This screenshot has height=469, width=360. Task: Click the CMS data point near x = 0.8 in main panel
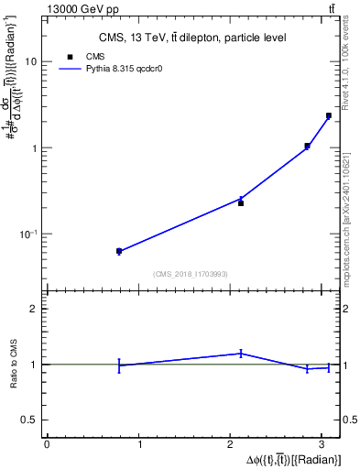[x=119, y=250]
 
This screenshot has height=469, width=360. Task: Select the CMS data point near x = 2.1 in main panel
[x=241, y=202]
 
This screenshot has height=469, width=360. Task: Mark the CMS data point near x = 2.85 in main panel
[x=308, y=146]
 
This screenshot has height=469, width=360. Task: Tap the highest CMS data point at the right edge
[x=329, y=115]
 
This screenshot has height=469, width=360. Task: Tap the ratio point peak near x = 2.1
[x=241, y=353]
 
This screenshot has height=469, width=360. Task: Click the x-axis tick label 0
[x=47, y=444]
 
